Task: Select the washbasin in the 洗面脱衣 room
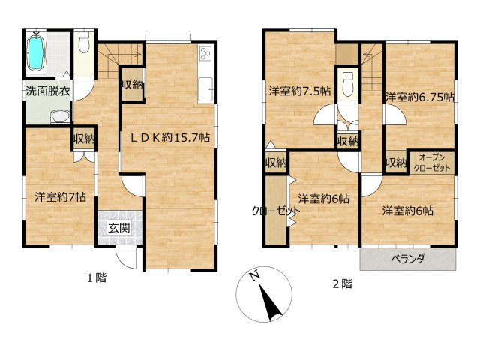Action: pyautogui.click(x=60, y=116)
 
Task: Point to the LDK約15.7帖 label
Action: pyautogui.click(x=171, y=138)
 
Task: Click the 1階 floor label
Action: pyautogui.click(x=96, y=278)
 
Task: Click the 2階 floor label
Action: pyautogui.click(x=343, y=283)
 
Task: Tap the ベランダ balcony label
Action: pyautogui.click(x=408, y=259)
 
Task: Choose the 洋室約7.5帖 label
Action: pyautogui.click(x=299, y=92)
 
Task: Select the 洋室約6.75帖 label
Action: pyautogui.click(x=419, y=97)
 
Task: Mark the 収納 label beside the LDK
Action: pyautogui.click(x=133, y=84)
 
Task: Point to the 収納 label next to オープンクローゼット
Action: pyautogui.click(x=395, y=163)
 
